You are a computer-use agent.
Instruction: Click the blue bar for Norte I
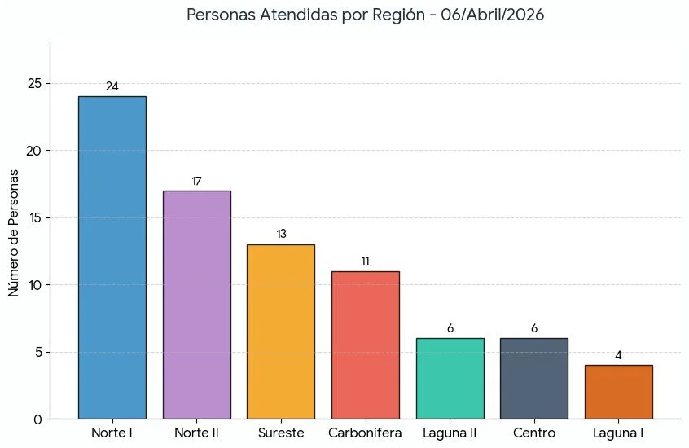[112, 257]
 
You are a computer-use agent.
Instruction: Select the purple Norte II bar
[196, 305]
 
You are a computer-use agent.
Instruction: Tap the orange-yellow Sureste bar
[281, 332]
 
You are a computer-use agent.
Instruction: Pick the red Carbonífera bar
[365, 345]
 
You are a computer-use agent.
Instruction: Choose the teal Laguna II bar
[450, 379]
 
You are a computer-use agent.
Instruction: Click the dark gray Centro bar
[534, 379]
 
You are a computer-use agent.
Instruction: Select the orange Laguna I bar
[618, 392]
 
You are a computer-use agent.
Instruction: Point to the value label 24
[112, 87]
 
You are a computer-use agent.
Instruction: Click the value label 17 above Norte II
[196, 181]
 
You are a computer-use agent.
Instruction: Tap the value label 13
[281, 235]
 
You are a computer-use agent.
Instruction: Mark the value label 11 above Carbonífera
[365, 261]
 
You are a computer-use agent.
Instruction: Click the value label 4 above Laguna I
[618, 355]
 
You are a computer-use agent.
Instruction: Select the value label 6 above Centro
[534, 328]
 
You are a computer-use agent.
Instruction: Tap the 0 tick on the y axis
[37, 419]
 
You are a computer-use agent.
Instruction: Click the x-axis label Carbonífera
[365, 433]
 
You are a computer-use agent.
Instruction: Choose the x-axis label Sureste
[281, 433]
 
